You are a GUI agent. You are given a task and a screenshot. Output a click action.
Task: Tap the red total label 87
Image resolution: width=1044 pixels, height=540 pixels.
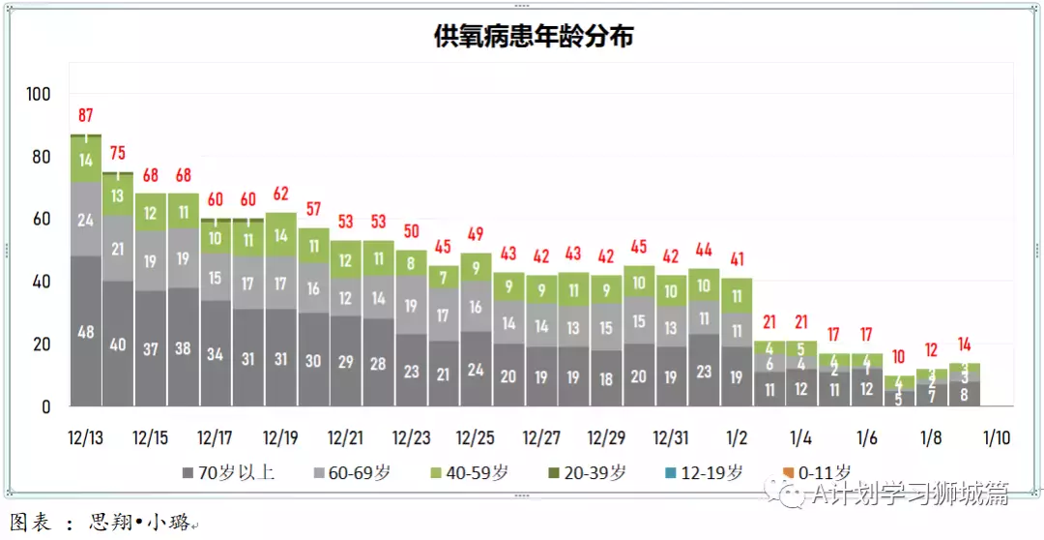click(x=85, y=117)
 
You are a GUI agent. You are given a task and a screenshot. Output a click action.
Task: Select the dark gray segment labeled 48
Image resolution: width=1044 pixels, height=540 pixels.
click(x=85, y=331)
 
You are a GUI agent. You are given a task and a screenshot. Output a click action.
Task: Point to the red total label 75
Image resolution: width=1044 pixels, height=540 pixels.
click(x=118, y=153)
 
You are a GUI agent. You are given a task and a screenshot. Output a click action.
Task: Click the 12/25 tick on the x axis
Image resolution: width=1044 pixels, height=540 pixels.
click(x=476, y=437)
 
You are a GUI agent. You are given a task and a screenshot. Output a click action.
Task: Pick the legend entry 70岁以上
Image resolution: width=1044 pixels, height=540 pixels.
click(x=228, y=473)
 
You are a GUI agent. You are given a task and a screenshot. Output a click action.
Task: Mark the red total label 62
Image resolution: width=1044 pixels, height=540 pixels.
click(x=280, y=193)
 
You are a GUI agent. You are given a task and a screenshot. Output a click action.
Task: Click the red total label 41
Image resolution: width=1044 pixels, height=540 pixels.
click(x=737, y=258)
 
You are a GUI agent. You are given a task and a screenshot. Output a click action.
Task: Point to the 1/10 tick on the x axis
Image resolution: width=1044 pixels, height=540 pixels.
click(x=996, y=437)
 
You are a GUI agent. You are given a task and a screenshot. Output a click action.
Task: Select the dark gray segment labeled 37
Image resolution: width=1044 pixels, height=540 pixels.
click(x=151, y=348)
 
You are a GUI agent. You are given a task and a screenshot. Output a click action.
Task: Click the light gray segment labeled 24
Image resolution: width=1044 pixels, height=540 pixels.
click(x=85, y=220)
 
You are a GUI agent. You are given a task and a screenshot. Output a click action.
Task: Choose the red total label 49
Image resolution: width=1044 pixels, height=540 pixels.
click(x=476, y=233)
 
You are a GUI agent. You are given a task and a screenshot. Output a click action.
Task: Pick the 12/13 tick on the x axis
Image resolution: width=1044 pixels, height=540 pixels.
click(x=85, y=437)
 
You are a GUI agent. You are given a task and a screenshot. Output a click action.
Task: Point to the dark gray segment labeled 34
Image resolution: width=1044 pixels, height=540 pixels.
click(x=216, y=353)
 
